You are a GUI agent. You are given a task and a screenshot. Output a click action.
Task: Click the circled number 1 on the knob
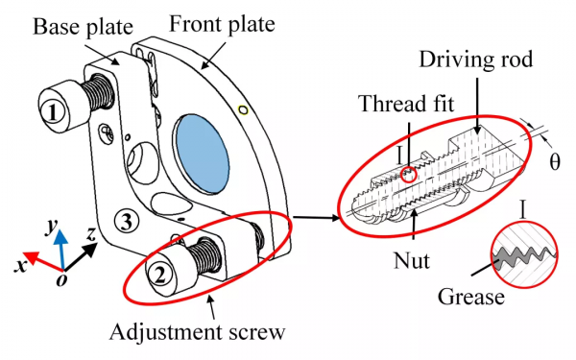tap(53, 112)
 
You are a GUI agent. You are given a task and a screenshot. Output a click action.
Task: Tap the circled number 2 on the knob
tap(159, 275)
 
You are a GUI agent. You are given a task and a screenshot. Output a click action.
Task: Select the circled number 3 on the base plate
tap(127, 221)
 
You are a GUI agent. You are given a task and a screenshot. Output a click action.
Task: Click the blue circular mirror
tap(203, 154)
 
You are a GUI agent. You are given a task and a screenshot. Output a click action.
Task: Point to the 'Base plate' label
tap(83, 27)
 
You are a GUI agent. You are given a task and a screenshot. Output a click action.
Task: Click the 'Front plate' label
tap(222, 24)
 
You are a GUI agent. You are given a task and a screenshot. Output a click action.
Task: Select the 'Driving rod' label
tap(476, 60)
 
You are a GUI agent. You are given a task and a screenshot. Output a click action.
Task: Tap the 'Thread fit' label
tap(407, 104)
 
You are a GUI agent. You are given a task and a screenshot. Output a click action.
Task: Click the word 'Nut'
tap(412, 260)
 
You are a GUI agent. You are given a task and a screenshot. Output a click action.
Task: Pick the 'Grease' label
tap(471, 297)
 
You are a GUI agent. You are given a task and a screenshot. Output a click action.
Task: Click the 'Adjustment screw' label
tap(197, 332)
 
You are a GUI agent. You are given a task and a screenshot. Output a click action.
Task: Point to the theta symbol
tap(555, 161)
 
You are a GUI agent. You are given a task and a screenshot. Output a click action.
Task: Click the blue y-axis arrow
tap(61, 250)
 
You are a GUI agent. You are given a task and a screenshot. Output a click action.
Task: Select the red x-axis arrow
tap(43, 261)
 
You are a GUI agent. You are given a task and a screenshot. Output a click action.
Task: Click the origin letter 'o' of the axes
tap(61, 279)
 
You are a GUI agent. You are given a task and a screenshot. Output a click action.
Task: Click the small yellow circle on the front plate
tap(243, 109)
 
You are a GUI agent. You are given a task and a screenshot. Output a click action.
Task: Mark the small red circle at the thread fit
tap(409, 174)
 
